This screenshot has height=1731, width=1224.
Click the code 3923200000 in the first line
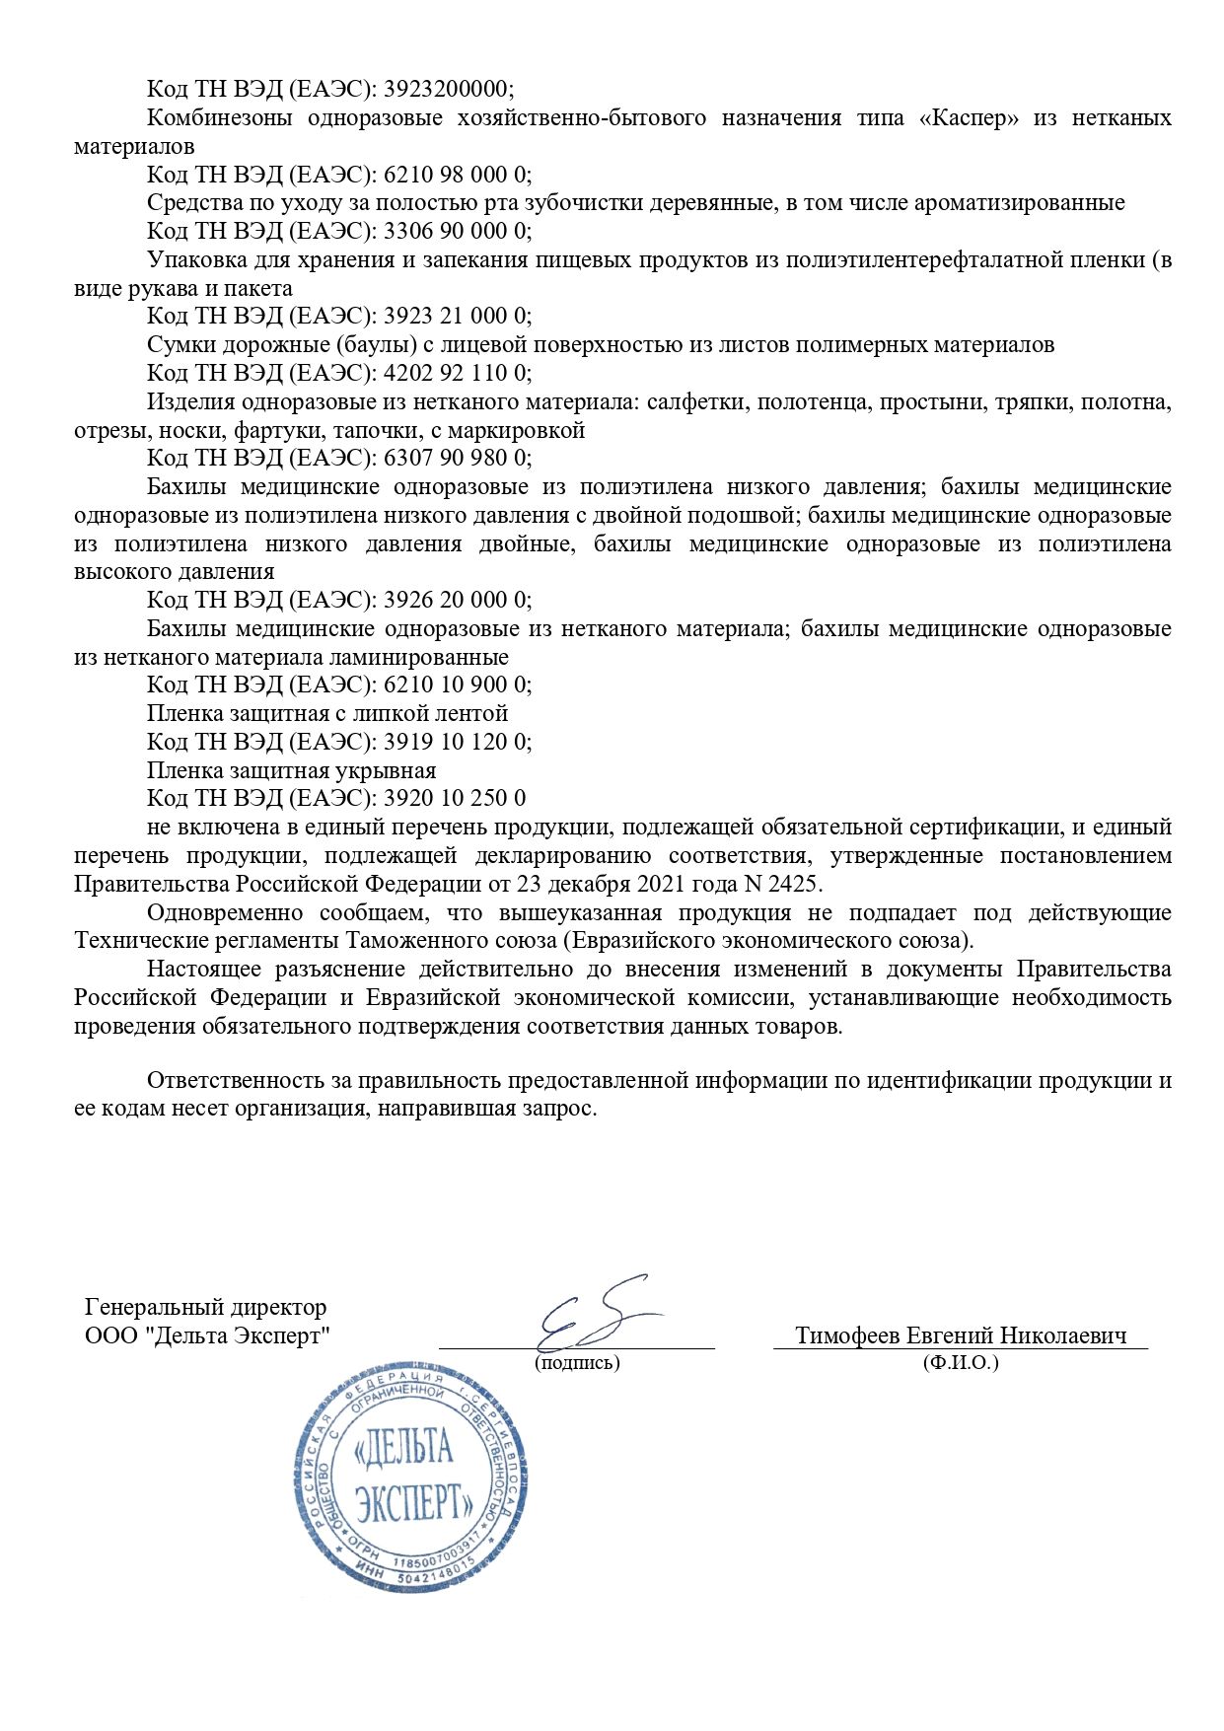448,89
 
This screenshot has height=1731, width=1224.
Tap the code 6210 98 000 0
457,175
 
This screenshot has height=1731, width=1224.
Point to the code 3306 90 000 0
457,231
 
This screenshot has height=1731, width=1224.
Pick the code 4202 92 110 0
457,373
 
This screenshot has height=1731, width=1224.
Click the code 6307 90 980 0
457,458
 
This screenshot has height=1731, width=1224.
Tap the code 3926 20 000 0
457,600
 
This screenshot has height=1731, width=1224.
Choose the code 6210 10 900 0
457,685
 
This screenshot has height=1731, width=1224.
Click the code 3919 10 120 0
457,742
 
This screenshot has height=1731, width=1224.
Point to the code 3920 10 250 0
454,798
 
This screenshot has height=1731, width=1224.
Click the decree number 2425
796,883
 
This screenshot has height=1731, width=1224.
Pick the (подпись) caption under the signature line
577,1363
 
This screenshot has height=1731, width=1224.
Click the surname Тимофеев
847,1335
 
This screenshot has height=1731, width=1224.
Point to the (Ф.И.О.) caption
961,1363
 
